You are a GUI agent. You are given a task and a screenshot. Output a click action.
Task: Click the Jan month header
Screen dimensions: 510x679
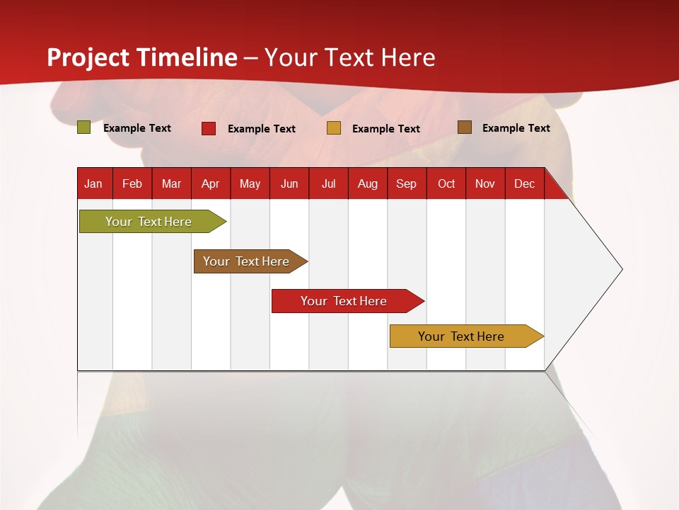point(93,184)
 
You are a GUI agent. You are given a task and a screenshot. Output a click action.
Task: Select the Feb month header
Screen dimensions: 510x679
point(132,184)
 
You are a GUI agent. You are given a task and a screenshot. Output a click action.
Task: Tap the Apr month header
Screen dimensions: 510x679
point(210,184)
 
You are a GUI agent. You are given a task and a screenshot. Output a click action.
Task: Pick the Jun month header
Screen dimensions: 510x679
point(289,184)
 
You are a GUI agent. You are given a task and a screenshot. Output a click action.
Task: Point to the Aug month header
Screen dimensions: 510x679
point(367,184)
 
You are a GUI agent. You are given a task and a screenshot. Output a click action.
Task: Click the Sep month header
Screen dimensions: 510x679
point(406,184)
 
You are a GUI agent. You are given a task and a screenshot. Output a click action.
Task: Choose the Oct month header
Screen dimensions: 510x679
point(446,184)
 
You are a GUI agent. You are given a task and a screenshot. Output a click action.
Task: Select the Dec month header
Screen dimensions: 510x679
point(524,184)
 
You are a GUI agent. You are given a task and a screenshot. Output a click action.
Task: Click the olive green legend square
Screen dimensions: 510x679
point(84,127)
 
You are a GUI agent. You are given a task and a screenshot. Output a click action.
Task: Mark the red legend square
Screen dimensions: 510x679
point(209,128)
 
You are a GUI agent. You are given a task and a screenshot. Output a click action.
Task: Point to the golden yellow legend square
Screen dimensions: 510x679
point(334,128)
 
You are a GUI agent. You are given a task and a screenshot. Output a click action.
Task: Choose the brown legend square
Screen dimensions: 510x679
point(464,127)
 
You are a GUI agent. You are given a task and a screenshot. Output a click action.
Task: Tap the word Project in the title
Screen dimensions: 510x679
point(88,57)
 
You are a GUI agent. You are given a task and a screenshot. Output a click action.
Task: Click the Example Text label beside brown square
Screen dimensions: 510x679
point(516,128)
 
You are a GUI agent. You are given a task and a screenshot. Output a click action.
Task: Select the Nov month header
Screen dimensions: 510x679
point(485,184)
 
